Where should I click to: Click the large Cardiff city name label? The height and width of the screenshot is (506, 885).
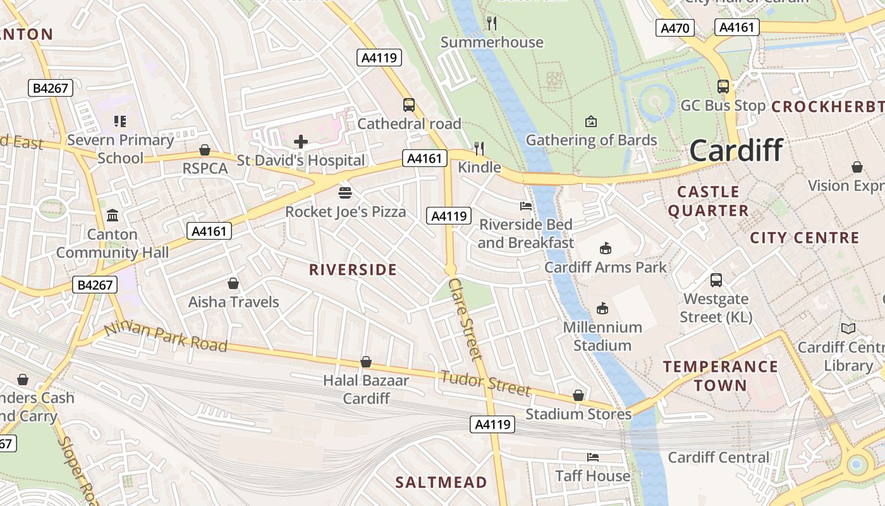click(736, 151)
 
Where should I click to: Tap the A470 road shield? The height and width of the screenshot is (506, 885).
click(676, 28)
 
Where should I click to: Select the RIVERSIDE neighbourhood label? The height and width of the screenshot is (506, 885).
click(353, 270)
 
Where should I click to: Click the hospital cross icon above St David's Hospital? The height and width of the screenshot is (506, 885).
click(301, 142)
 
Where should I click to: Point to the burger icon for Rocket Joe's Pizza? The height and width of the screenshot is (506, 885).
click(345, 192)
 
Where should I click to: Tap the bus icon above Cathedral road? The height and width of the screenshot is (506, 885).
click(409, 105)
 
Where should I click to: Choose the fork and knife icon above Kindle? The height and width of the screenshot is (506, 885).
click(479, 149)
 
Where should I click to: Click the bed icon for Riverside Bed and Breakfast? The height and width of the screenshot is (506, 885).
click(525, 206)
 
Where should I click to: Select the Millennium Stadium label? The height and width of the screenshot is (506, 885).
click(602, 336)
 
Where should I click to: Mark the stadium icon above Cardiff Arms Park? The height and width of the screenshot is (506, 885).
click(605, 248)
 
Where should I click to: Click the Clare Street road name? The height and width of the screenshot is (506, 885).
click(466, 319)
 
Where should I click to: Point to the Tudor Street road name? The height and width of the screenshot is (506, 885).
click(485, 383)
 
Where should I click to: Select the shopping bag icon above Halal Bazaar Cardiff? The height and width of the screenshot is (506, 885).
click(365, 362)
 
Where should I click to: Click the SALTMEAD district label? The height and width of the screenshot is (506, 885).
click(441, 483)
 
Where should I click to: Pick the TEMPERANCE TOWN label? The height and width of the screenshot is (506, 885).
click(720, 376)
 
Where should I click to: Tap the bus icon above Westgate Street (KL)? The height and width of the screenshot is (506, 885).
click(716, 280)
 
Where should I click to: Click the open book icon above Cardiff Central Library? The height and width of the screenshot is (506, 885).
click(848, 328)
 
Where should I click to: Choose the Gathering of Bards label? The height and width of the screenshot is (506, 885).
click(591, 140)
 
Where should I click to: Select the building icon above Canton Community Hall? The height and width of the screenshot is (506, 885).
click(113, 216)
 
